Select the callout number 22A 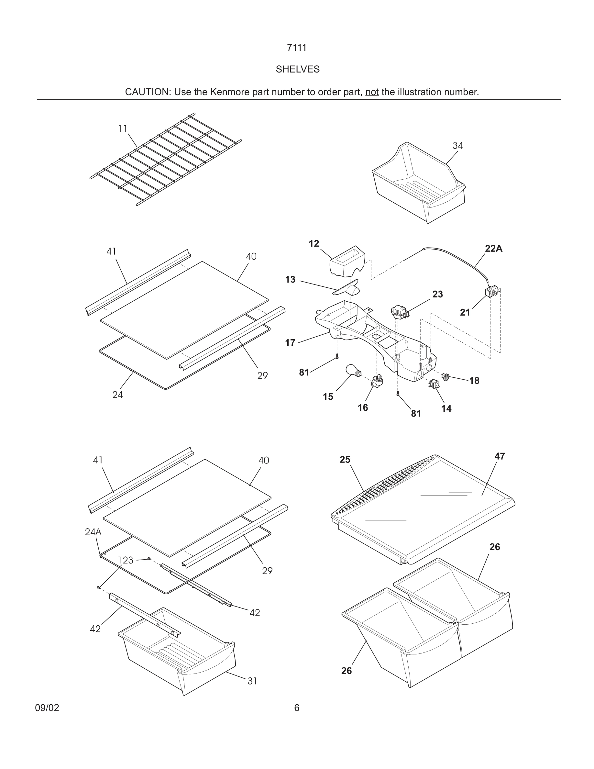pos(493,249)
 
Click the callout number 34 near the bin pos(457,145)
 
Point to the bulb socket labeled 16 pos(377,381)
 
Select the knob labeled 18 pos(446,376)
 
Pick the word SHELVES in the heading pos(297,69)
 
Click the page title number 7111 pos(297,48)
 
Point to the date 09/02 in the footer pos(47,708)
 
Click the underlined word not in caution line pos(372,92)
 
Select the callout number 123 pos(125,560)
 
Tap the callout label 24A pos(93,532)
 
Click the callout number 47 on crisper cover pos(499,456)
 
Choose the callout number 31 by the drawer pos(252,681)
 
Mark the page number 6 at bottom pos(297,708)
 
